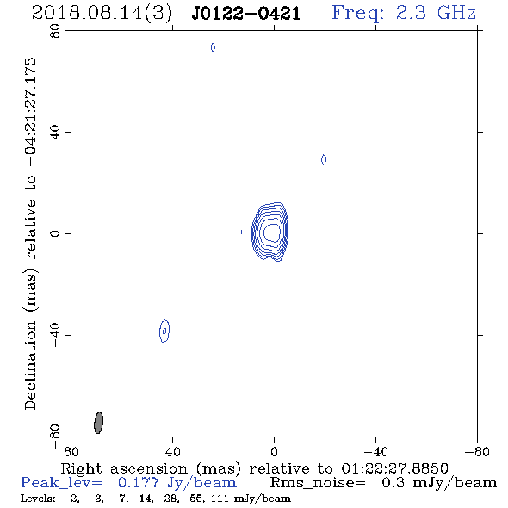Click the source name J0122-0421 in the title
click(x=246, y=13)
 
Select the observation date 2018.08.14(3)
click(x=102, y=14)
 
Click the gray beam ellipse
click(x=98, y=423)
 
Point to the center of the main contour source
click(x=271, y=232)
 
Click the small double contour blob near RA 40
click(x=164, y=331)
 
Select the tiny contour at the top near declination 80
click(x=213, y=47)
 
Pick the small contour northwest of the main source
click(x=324, y=159)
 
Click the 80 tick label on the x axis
click(x=71, y=451)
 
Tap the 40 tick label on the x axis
click(x=173, y=451)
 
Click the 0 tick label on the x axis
click(x=274, y=451)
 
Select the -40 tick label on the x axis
click(x=375, y=451)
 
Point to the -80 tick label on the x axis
click(x=477, y=451)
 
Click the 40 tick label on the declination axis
click(x=55, y=133)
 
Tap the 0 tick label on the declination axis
click(x=55, y=233)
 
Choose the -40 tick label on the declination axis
click(x=55, y=335)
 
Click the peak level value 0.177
click(x=139, y=482)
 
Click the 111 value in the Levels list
click(x=220, y=498)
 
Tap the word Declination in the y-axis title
click(x=30, y=366)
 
